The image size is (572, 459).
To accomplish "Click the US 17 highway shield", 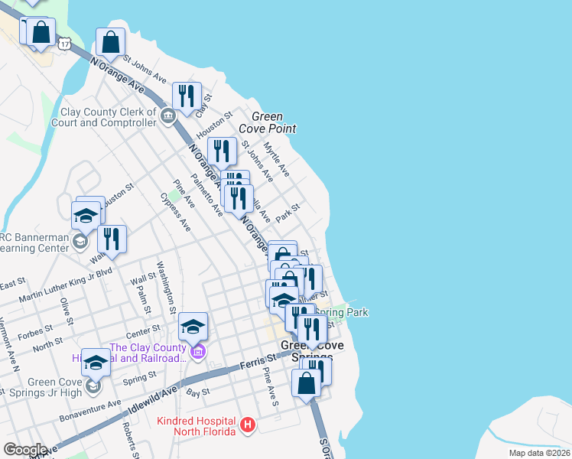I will pyautogui.click(x=66, y=44).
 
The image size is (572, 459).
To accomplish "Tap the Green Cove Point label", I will pyautogui.click(x=267, y=122).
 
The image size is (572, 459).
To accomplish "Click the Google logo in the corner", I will pyautogui.click(x=24, y=450).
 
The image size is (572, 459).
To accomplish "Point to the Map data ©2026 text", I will pyautogui.click(x=539, y=453).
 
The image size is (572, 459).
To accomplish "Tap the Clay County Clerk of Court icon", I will pyautogui.click(x=168, y=116).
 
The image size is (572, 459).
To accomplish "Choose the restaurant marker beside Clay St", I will pyautogui.click(x=187, y=96).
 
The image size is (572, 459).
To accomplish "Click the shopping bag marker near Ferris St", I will pyautogui.click(x=307, y=383).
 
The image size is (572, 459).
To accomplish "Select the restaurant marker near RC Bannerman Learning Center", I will pyautogui.click(x=112, y=239).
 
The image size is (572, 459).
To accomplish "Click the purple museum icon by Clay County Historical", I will pyautogui.click(x=198, y=352).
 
